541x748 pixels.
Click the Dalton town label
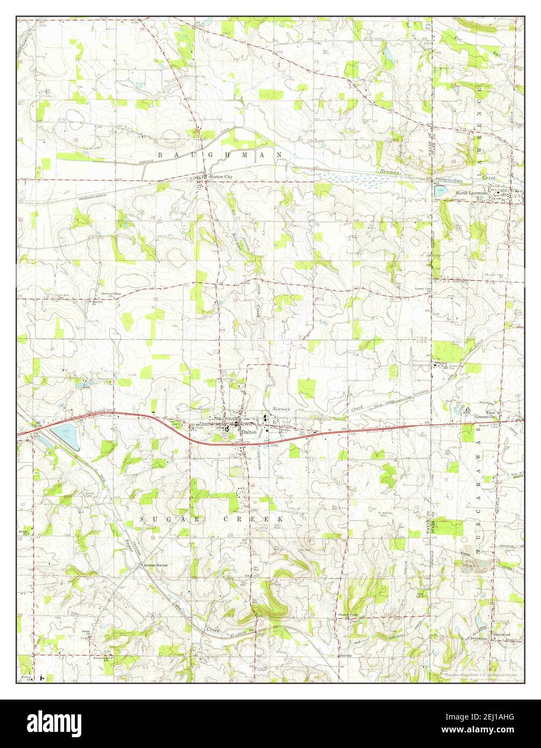coord(249,432)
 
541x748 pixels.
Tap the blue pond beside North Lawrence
coord(441,190)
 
